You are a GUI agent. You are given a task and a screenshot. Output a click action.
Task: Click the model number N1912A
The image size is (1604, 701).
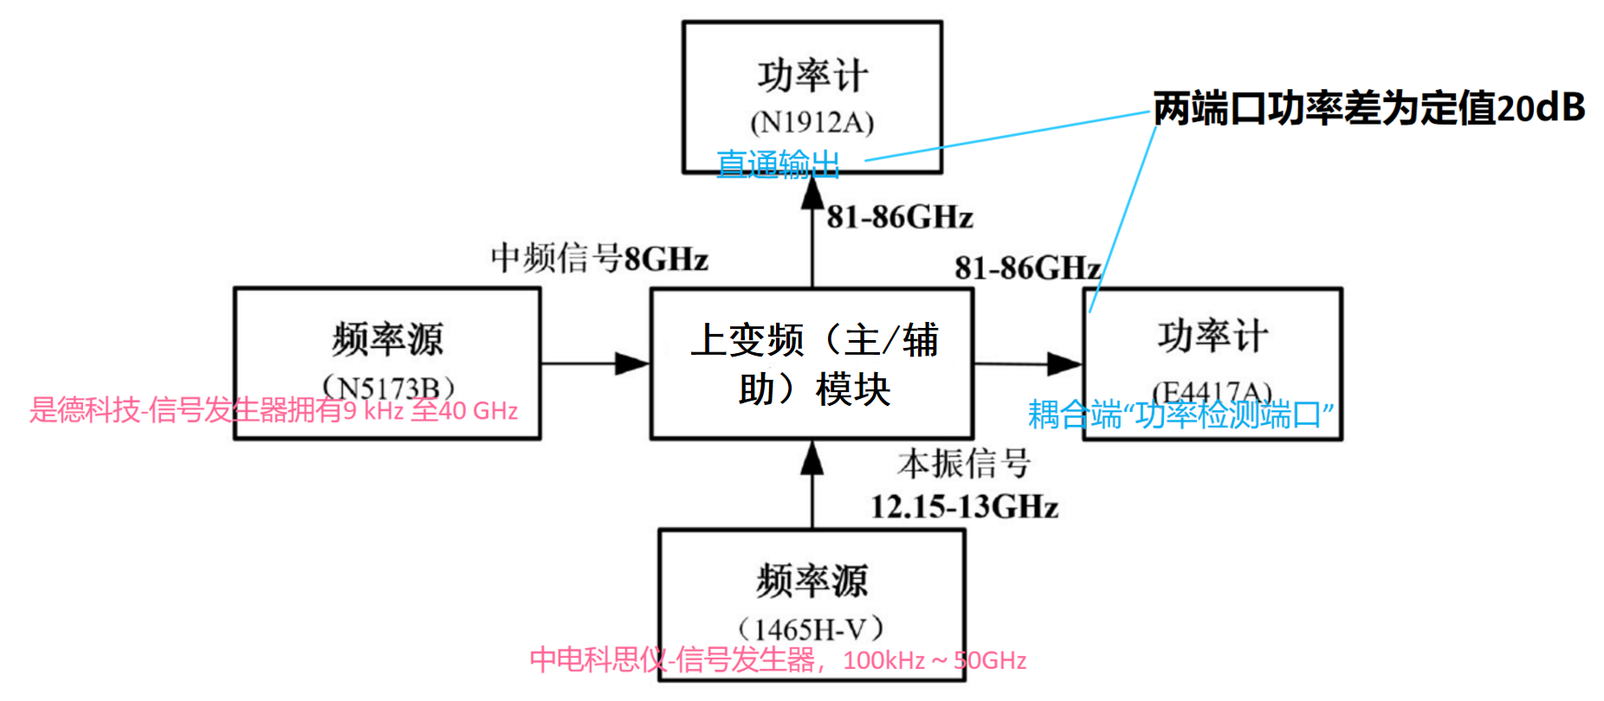[812, 123]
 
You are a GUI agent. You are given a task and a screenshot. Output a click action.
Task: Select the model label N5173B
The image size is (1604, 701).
[387, 386]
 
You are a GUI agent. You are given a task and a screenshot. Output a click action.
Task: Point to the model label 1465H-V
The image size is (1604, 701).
[811, 628]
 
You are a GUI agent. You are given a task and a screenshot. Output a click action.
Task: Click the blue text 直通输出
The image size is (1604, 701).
[778, 164]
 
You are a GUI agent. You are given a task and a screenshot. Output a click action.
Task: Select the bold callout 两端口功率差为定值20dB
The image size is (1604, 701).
[1368, 108]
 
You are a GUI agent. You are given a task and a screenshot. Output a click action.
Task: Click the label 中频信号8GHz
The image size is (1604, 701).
[599, 258]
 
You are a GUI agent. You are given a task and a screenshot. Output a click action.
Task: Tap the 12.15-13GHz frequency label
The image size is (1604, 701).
[964, 506]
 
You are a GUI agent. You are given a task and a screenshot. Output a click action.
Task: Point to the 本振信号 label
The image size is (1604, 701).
[963, 465]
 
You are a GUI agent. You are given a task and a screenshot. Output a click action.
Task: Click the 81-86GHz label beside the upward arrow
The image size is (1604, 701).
[900, 216]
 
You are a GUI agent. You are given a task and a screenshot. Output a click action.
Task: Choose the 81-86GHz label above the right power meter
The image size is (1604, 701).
[1027, 267]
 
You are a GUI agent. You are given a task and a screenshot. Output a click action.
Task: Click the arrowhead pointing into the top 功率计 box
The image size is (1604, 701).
[812, 193]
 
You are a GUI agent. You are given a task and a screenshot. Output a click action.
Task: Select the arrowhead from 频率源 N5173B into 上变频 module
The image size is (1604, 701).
[632, 363]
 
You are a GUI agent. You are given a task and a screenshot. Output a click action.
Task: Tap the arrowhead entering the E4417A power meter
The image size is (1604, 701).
[1064, 363]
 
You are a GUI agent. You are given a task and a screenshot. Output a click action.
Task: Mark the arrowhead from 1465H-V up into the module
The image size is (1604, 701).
[812, 458]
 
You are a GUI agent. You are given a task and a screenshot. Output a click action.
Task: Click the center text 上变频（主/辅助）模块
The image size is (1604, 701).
[813, 364]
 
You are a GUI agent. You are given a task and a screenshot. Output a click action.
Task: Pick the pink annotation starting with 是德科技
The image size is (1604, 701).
[274, 409]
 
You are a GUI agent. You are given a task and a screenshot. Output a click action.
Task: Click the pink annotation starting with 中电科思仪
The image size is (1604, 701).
[778, 660]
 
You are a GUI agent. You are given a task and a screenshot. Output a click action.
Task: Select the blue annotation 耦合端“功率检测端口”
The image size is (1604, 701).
[1180, 415]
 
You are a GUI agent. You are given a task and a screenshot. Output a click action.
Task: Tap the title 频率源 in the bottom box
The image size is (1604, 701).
[812, 581]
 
